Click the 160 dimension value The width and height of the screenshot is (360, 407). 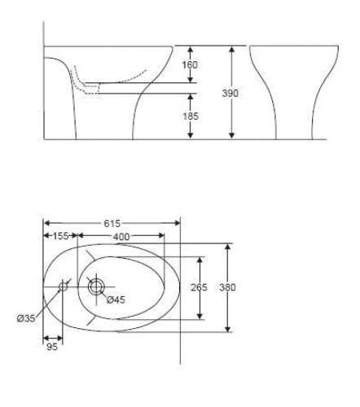pos(191,64)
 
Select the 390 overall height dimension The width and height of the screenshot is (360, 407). pos(231,93)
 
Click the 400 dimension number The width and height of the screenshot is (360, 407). pos(121,236)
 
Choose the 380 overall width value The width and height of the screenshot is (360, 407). pos(228,287)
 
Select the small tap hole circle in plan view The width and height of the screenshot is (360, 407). pos(63,286)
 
